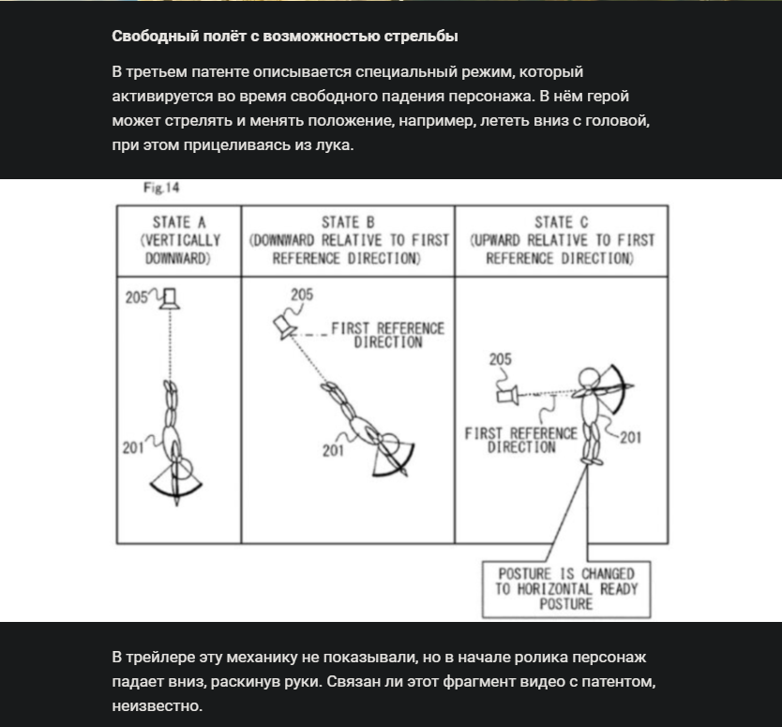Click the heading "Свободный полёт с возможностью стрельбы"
pyautogui.click(x=284, y=37)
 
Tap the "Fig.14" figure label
pyautogui.click(x=160, y=189)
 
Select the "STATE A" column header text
pyautogui.click(x=178, y=222)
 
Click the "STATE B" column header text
pyautogui.click(x=348, y=222)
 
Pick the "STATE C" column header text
pyautogui.click(x=561, y=222)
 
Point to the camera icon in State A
pyautogui.click(x=170, y=299)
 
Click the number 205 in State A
pyautogui.click(x=137, y=298)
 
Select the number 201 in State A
pyautogui.click(x=132, y=447)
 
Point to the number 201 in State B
pyautogui.click(x=333, y=450)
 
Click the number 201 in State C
pyautogui.click(x=630, y=436)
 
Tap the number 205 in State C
pyautogui.click(x=500, y=359)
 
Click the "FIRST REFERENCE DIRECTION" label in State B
pyautogui.click(x=387, y=335)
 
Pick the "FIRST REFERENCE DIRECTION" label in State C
pyautogui.click(x=520, y=440)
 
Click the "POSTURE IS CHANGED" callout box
pyautogui.click(x=565, y=588)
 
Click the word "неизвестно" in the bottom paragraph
pyautogui.click(x=157, y=704)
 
